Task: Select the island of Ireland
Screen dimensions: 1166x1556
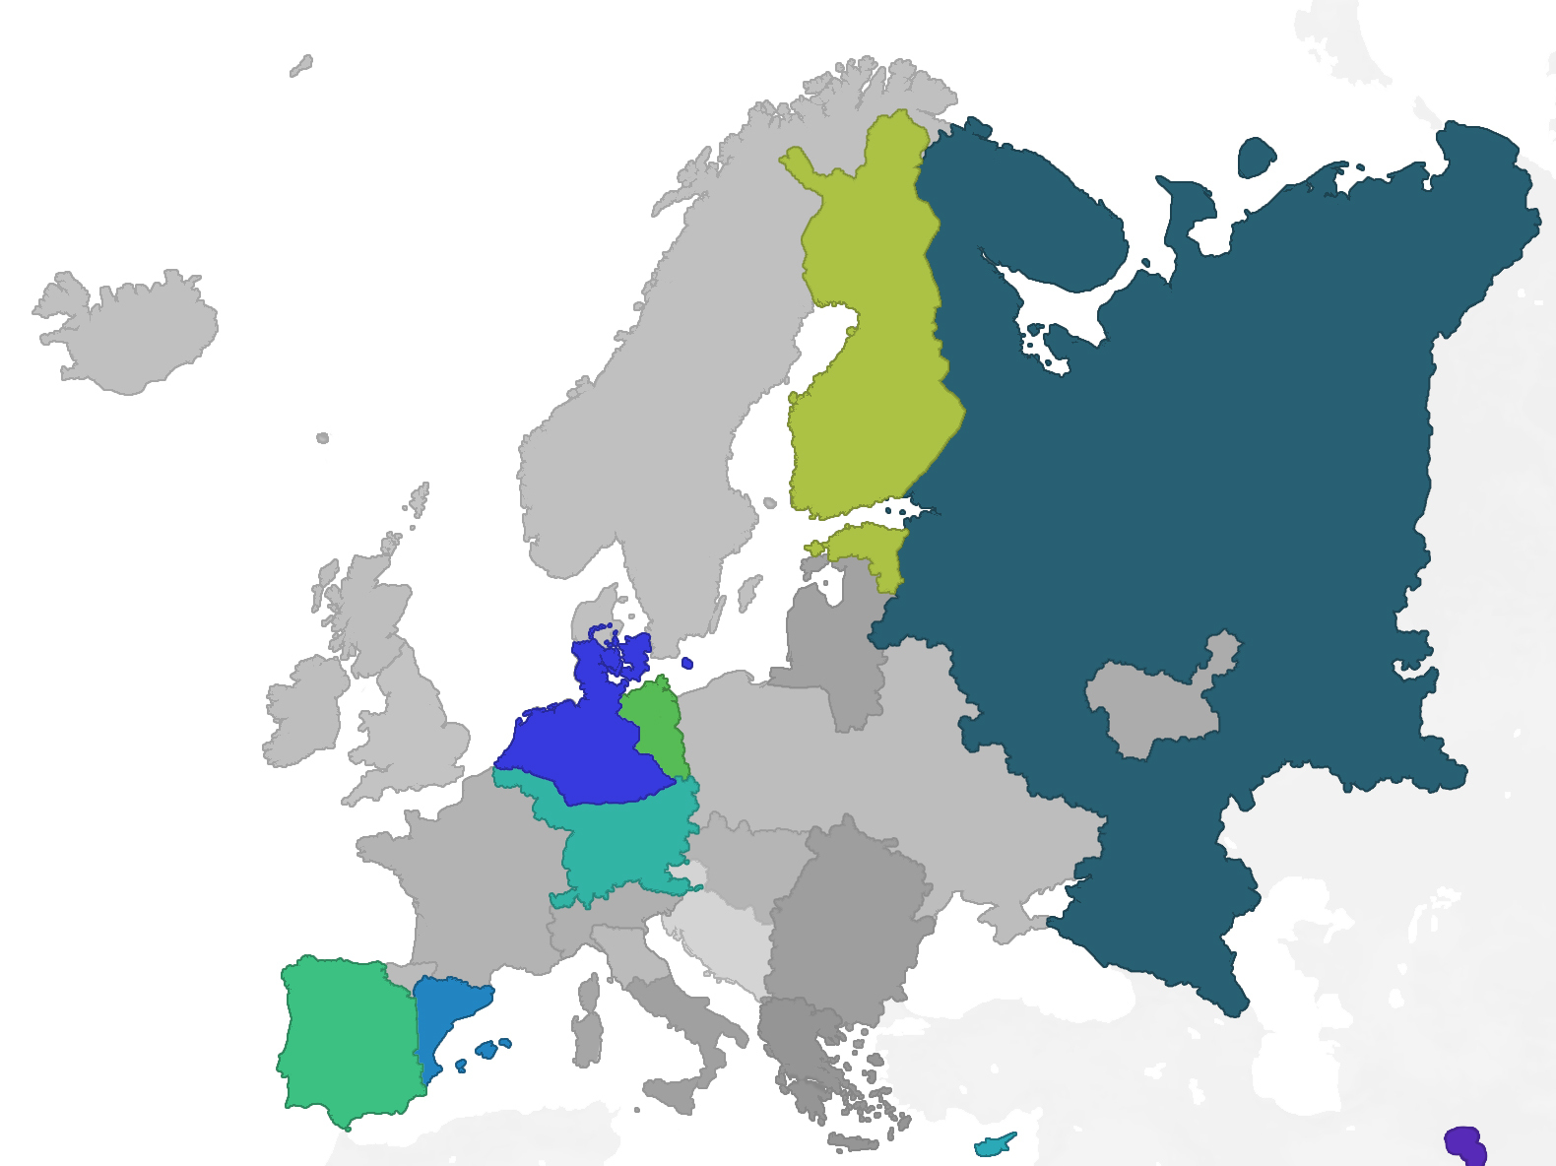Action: (x=305, y=709)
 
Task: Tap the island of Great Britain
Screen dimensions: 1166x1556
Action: (x=414, y=709)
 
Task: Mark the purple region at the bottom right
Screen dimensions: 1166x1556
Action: (x=1465, y=1144)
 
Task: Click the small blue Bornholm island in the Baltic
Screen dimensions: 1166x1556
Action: (x=687, y=663)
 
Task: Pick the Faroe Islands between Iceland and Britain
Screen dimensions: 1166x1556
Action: (x=322, y=438)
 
